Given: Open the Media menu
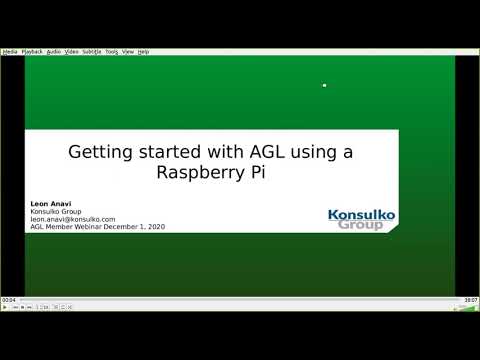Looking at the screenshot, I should [11, 51].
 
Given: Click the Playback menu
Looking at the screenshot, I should [33, 51].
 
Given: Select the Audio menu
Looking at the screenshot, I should [54, 51].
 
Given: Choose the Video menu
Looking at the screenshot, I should [72, 51].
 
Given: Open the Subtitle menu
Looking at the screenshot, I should [92, 51].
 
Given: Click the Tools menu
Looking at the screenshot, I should [111, 51].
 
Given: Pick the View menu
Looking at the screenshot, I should [128, 51].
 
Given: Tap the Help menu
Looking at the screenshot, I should [143, 51].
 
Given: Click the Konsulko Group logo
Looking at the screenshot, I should [361, 219].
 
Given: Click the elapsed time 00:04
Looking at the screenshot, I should [9, 299].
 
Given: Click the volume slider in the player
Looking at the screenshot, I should [462, 308].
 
